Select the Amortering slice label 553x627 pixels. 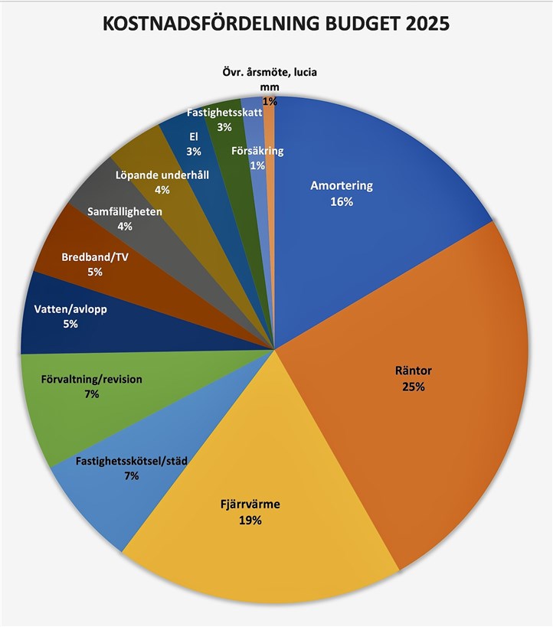coord(342,186)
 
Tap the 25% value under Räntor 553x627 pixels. coord(413,387)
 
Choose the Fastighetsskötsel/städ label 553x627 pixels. coord(132,461)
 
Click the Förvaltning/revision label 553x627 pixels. coord(92,379)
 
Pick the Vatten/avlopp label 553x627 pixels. coord(71,309)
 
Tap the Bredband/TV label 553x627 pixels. coord(95,257)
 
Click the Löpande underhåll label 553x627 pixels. coord(162,175)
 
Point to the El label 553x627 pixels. coord(193,137)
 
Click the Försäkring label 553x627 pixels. coord(257,151)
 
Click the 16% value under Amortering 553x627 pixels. coord(342,202)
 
